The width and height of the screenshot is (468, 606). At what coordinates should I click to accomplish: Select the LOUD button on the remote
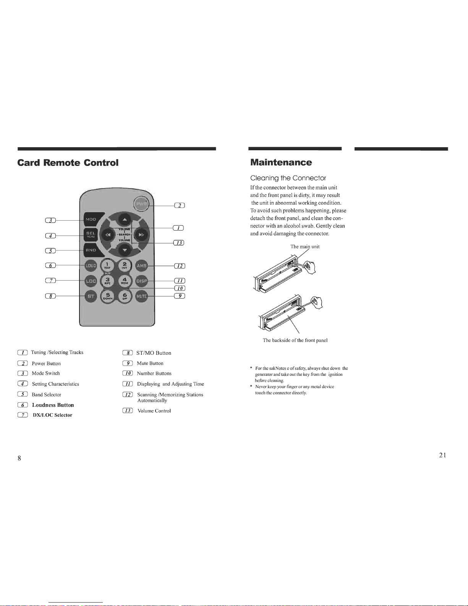tap(91, 265)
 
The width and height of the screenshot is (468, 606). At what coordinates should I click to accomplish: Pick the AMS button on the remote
tap(142, 265)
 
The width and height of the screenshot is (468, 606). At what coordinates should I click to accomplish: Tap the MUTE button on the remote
tap(142, 296)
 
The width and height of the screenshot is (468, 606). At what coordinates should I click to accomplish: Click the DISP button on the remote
tap(142, 281)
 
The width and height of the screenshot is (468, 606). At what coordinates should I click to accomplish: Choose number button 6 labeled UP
tap(125, 296)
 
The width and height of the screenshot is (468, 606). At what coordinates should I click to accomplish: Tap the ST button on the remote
tap(91, 296)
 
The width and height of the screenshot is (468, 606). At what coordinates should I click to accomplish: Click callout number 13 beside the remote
tap(179, 243)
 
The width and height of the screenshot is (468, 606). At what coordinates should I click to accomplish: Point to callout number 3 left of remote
tap(50, 220)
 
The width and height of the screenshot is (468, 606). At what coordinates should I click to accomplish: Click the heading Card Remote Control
tap(68, 163)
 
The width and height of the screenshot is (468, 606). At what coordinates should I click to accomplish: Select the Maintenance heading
tap(281, 162)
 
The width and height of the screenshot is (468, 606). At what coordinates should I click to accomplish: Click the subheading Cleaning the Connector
tap(288, 178)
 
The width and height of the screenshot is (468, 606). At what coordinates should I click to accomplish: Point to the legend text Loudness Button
tap(53, 405)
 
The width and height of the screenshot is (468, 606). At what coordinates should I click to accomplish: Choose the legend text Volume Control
tap(154, 411)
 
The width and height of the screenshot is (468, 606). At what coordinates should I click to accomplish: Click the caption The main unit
tap(305, 247)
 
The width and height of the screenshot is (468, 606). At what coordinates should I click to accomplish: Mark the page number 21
tap(443, 455)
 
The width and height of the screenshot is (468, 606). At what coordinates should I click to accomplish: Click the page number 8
tap(19, 458)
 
